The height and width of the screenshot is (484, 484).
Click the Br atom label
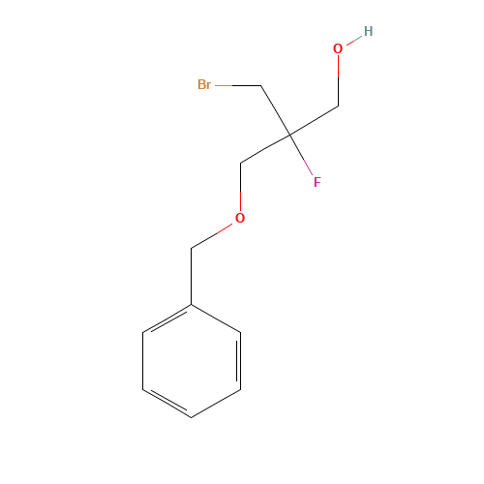(x=204, y=85)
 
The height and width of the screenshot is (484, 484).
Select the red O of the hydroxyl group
(x=338, y=48)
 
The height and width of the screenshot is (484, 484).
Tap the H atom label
(x=368, y=32)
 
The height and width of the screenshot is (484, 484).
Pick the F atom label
(x=317, y=181)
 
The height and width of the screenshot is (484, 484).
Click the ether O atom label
(x=240, y=218)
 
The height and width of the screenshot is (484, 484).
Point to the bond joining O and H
(x=353, y=40)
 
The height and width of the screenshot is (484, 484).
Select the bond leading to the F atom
(x=302, y=158)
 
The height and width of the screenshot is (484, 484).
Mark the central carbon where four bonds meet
(x=288, y=135)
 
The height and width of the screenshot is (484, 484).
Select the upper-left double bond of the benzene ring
(x=167, y=319)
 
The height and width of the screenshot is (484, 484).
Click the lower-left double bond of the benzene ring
(x=167, y=403)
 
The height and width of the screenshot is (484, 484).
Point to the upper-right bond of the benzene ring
(x=216, y=319)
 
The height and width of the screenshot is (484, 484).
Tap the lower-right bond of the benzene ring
(x=216, y=403)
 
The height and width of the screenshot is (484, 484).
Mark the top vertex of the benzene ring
(x=192, y=305)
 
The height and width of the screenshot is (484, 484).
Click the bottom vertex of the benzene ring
(x=192, y=417)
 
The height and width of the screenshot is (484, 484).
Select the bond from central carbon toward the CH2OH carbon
(x=313, y=120)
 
